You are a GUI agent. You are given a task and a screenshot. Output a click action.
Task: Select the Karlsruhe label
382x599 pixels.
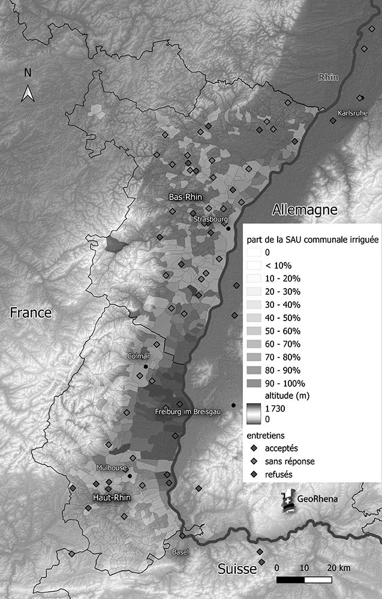(352, 112)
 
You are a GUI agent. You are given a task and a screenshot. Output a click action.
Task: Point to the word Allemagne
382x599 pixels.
(305, 210)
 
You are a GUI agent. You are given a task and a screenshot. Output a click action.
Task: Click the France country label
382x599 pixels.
(30, 313)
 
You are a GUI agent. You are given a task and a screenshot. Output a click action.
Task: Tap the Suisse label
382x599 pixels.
(237, 568)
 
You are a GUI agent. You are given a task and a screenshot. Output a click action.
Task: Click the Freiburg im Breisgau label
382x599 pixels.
(188, 412)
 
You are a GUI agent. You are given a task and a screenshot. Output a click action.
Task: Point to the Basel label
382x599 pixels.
(181, 552)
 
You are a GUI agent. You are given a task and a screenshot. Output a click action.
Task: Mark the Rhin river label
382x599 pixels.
(328, 77)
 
